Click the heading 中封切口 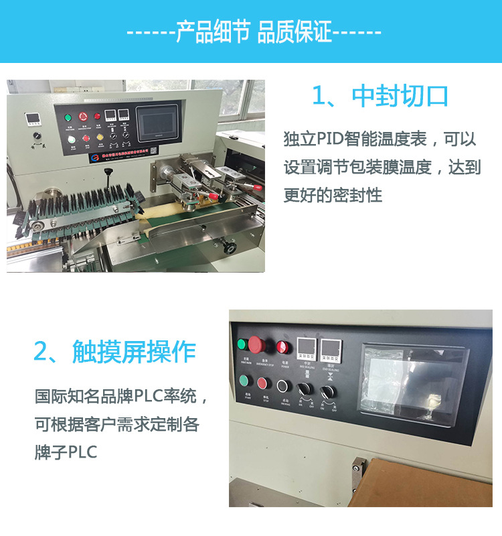pyautogui.click(x=380, y=96)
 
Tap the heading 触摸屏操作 pyautogui.click(x=114, y=352)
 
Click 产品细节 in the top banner pyautogui.click(x=212, y=31)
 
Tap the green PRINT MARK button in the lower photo pyautogui.click(x=242, y=344)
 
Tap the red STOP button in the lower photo pyautogui.click(x=262, y=385)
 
